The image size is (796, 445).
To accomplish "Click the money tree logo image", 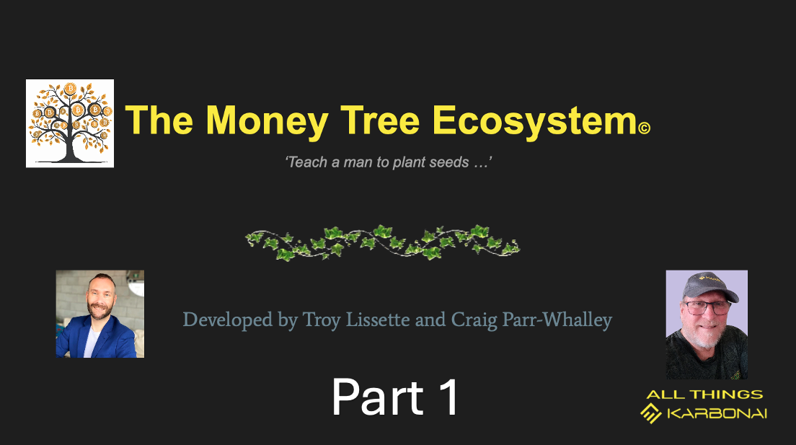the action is pyautogui.click(x=70, y=123).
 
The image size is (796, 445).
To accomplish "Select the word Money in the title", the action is pyautogui.click(x=267, y=122).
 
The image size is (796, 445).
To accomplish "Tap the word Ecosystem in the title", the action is pyautogui.click(x=534, y=122).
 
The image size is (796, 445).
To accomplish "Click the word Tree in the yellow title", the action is pyautogui.click(x=380, y=120).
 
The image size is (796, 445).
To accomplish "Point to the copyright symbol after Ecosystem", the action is pyautogui.click(x=644, y=128).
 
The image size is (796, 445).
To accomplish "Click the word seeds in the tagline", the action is pyautogui.click(x=448, y=162).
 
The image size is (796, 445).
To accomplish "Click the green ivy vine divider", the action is pyautogui.click(x=383, y=242).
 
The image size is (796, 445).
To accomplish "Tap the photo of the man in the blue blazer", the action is pyautogui.click(x=100, y=314).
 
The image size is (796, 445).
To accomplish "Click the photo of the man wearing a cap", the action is pyautogui.click(x=707, y=325).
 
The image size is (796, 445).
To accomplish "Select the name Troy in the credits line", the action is pyautogui.click(x=322, y=320).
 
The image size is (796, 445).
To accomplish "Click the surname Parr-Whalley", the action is pyautogui.click(x=557, y=320).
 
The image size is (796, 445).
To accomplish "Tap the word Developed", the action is pyautogui.click(x=227, y=320).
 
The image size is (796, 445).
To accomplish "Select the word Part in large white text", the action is pyautogui.click(x=378, y=397).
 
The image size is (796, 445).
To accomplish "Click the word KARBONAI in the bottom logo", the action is pyautogui.click(x=717, y=413).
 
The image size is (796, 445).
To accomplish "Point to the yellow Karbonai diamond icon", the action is pyautogui.click(x=651, y=413).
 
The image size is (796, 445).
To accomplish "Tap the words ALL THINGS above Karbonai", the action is pyautogui.click(x=704, y=395).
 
